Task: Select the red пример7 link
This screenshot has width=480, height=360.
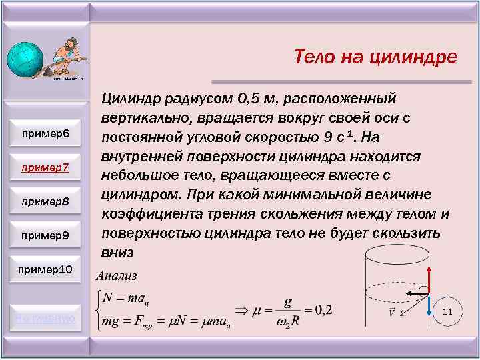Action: [45, 167]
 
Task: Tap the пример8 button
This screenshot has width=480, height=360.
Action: [45, 201]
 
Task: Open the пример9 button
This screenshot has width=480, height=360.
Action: [45, 235]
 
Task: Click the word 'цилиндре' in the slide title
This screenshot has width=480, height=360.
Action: [415, 57]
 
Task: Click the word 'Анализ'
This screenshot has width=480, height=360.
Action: [117, 275]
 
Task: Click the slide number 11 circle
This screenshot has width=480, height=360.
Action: [447, 312]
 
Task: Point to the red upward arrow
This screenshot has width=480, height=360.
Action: [429, 276]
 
